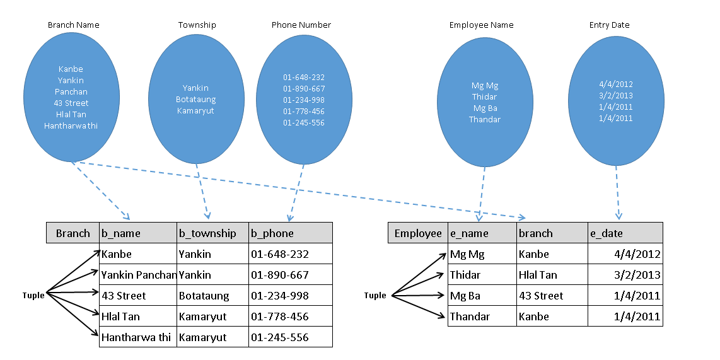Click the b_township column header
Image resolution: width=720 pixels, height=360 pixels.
point(207,233)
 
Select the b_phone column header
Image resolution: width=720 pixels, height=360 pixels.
point(272,233)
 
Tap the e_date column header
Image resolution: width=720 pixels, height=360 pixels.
point(607,233)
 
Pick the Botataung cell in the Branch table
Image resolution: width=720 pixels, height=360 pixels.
point(204,296)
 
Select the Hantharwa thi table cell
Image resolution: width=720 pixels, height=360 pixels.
point(136,337)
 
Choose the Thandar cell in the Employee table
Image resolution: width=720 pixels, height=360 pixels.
point(470,316)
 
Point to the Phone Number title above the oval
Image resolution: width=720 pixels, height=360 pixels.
point(301,25)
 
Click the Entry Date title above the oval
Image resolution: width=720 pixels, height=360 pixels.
point(610,25)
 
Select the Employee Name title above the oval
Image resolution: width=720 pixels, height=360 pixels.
point(482,25)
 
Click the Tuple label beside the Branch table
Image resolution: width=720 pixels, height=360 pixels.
point(33,296)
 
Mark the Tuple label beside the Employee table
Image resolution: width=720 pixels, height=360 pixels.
point(375,296)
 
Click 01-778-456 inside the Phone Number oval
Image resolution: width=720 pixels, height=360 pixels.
point(304,112)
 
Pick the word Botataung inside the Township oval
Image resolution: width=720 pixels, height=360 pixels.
point(197,99)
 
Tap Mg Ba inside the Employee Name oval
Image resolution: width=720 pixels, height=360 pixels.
point(485,108)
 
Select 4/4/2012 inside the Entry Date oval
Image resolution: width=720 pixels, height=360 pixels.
point(616,84)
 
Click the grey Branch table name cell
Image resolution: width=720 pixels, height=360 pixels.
point(73,233)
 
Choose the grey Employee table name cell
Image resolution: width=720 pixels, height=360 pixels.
point(418,233)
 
